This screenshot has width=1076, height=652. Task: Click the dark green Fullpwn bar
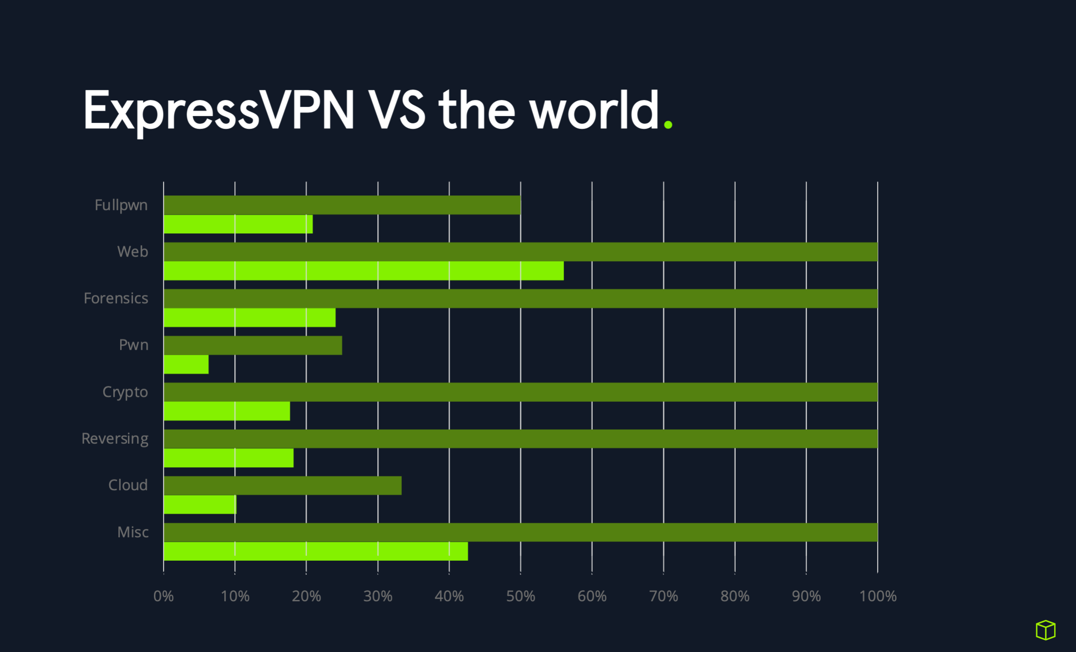pos(342,205)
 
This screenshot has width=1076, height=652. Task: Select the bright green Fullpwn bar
pos(238,224)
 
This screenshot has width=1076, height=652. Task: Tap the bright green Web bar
pos(363,271)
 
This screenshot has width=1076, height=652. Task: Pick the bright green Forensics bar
pos(249,318)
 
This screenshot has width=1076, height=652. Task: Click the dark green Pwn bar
pos(253,345)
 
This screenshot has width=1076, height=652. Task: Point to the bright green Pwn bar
pos(186,364)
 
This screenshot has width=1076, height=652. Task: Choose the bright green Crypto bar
pos(227,411)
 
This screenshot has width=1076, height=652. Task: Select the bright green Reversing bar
pos(228,458)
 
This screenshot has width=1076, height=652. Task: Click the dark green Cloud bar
pos(282,485)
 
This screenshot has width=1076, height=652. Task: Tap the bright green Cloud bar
pos(200,505)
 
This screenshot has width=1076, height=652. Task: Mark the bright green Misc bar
pos(316,551)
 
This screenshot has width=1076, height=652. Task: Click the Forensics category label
pos(116,298)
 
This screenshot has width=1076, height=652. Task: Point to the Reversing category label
pos(115,438)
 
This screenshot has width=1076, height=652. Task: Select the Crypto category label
pos(125,392)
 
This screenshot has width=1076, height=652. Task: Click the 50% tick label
pos(520,596)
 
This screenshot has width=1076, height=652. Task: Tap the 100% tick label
pos(877,596)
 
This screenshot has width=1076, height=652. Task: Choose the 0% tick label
pos(164,596)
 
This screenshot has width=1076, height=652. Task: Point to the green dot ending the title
pos(668,125)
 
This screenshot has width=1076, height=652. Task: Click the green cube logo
pos(1045,630)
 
